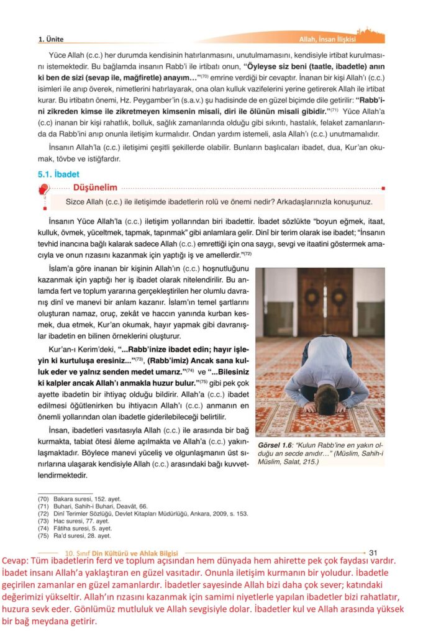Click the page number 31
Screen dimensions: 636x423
(374, 552)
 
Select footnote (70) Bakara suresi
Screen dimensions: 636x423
(80, 499)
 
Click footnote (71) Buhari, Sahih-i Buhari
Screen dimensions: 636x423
(93, 506)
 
